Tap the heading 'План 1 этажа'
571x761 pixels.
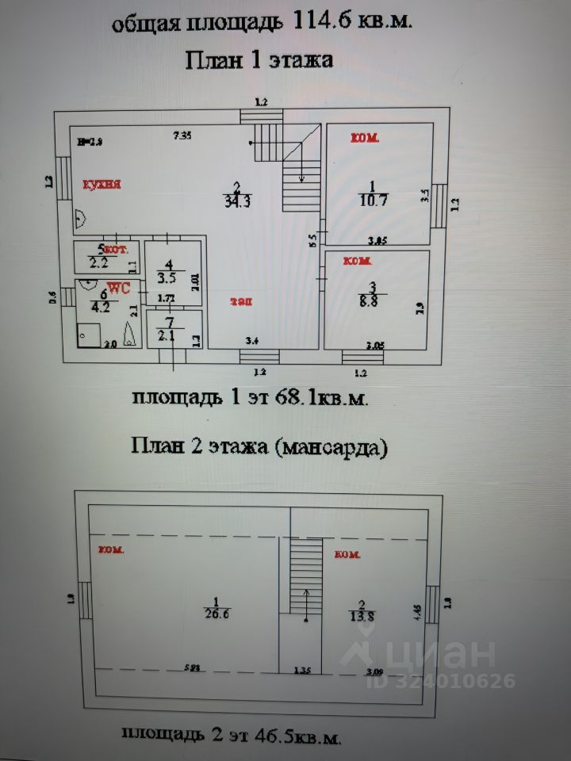pos(259,60)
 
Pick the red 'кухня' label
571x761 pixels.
pos(102,185)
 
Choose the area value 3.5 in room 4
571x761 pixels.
pos(166,278)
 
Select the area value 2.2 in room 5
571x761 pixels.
pos(98,263)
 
